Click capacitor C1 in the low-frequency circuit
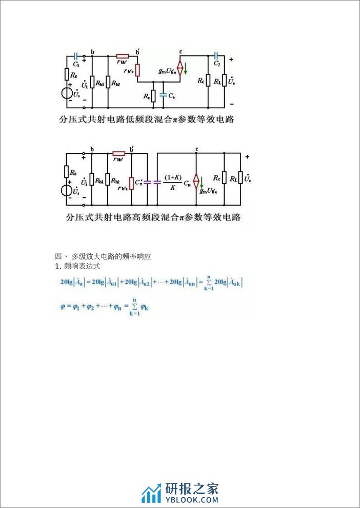coord(76,56)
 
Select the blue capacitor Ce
coord(163,95)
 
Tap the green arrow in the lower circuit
coord(202,180)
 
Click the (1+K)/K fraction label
coord(170,181)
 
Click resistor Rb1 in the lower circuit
coord(91,180)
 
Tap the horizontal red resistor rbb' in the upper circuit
coord(123,56)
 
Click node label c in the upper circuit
coord(181,52)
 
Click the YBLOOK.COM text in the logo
coord(192,499)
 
